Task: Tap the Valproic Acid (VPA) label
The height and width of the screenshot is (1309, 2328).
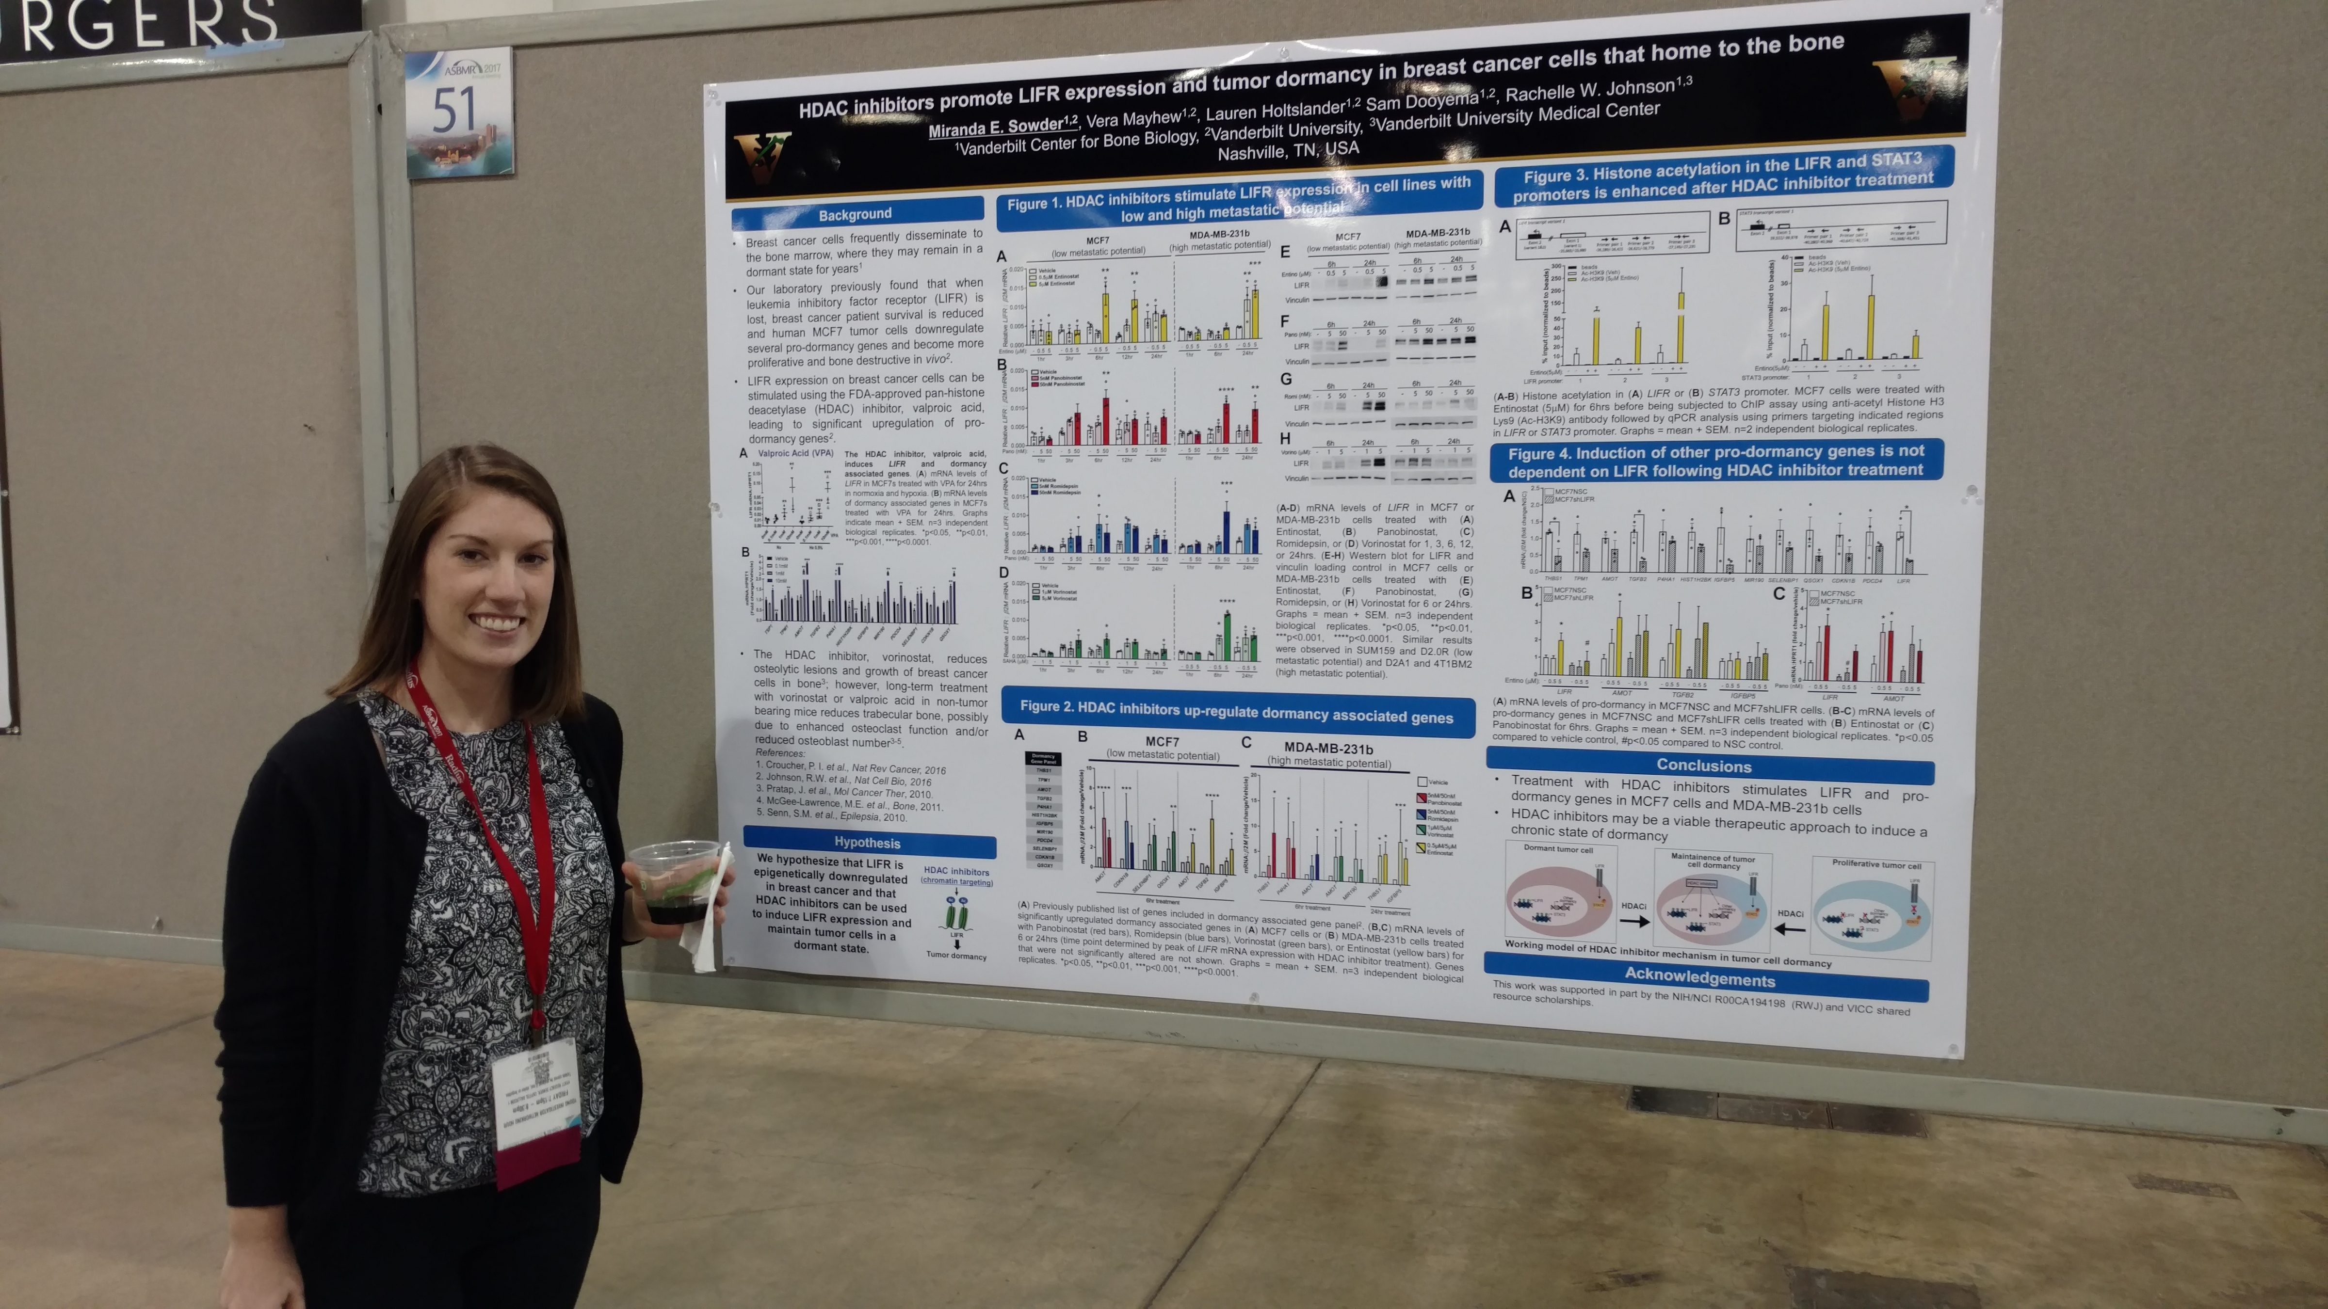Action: (795, 453)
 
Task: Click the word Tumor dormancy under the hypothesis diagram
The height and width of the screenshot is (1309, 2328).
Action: (956, 955)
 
